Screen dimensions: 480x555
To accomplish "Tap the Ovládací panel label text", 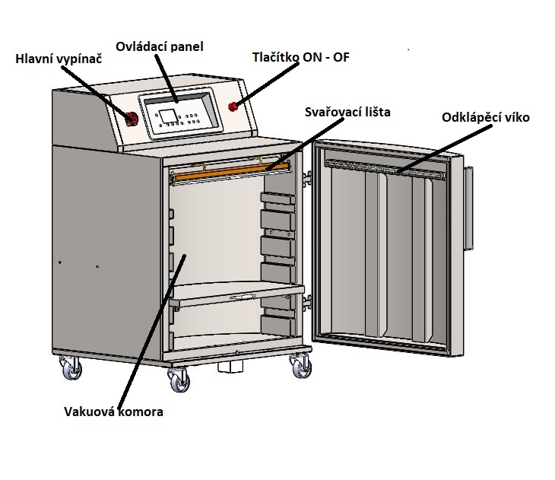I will pyautogui.click(x=159, y=46).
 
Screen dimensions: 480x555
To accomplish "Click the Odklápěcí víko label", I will pyautogui.click(x=485, y=117).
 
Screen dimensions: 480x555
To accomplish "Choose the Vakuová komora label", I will pyautogui.click(x=114, y=412).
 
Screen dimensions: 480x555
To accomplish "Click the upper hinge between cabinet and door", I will pyautogui.click(x=308, y=177).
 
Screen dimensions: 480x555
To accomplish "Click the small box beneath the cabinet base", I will pyautogui.click(x=228, y=367).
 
